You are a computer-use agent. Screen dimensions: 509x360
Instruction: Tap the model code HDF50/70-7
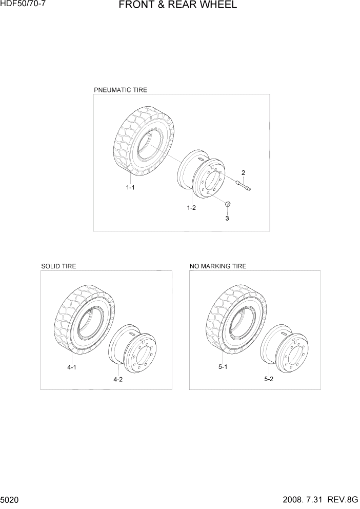pos(23,4)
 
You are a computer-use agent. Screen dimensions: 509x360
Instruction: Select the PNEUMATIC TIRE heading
pos(121,90)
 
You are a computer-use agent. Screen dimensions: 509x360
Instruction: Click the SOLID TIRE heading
pos(58,266)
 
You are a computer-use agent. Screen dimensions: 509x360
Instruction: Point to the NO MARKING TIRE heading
pos(218,266)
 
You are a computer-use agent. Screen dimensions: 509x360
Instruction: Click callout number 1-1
pos(130,188)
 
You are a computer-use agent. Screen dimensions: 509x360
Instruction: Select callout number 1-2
pos(191,208)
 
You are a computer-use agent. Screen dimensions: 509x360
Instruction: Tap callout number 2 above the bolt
pos(243,172)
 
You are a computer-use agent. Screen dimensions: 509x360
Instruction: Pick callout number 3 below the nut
pos(227,218)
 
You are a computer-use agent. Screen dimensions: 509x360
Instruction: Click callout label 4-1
pos(72,367)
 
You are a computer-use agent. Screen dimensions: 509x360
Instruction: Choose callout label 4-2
pos(118,380)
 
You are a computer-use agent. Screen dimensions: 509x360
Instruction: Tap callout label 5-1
pos(223,367)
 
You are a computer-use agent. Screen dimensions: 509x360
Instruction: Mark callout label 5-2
pos(269,380)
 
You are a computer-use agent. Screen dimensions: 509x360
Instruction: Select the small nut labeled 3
pos(227,205)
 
